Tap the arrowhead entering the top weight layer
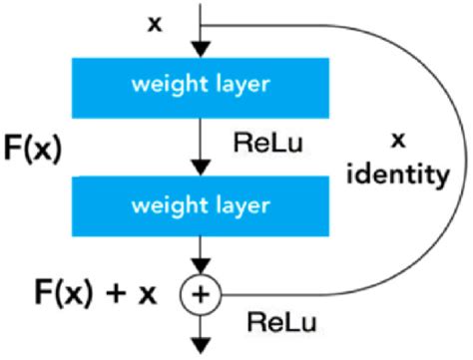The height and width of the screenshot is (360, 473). pyautogui.click(x=203, y=48)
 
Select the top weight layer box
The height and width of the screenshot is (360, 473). pyautogui.click(x=201, y=86)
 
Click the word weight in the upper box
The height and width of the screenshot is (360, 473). pyautogui.click(x=167, y=86)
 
